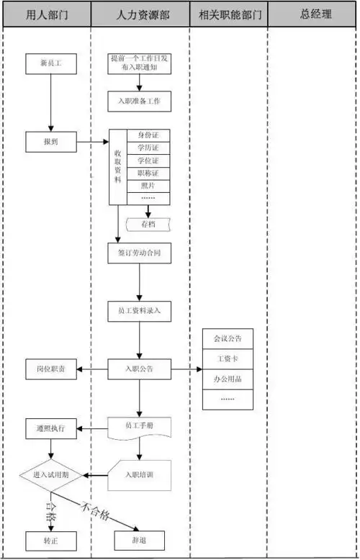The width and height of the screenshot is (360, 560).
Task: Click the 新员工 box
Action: [50, 64]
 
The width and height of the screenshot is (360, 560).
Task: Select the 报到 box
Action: [50, 142]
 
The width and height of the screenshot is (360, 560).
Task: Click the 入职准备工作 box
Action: [140, 101]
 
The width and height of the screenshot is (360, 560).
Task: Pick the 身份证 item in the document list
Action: [148, 135]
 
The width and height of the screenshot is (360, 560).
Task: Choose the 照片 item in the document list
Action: [148, 186]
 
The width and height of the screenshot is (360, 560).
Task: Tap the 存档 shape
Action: [148, 225]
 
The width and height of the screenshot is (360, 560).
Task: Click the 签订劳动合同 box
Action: [140, 253]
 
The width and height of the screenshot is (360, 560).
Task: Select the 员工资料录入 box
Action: [140, 311]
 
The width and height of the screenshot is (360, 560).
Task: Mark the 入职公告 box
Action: [140, 369]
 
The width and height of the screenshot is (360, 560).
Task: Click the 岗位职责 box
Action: [50, 369]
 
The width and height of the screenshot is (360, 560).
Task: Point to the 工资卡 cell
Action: [228, 358]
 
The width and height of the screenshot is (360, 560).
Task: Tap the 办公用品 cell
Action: [228, 378]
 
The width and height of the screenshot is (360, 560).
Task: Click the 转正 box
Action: [50, 540]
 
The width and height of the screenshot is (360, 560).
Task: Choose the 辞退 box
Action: [140, 540]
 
